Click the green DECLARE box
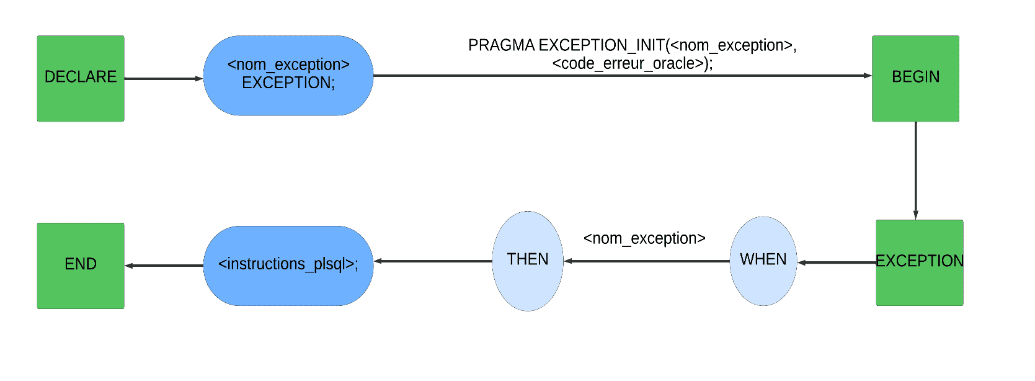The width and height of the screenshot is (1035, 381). (81, 79)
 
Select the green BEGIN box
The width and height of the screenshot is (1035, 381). (915, 79)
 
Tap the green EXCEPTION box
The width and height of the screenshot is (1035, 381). (920, 262)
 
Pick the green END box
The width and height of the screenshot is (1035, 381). (81, 266)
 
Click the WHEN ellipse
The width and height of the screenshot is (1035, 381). (763, 261)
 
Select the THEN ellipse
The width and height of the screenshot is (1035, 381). (528, 261)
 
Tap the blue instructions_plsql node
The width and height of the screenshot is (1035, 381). (288, 266)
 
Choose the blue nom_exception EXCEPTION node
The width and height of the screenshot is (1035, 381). (288, 75)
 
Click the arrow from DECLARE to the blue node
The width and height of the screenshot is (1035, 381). (164, 79)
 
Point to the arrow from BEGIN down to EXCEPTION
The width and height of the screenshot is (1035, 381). (915, 171)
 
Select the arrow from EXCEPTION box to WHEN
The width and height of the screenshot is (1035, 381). (837, 262)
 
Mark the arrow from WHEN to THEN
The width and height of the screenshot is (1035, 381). (646, 261)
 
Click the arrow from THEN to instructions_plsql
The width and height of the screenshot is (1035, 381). (433, 261)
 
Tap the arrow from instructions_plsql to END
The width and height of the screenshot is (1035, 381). (164, 266)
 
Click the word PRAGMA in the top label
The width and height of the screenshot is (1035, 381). (501, 45)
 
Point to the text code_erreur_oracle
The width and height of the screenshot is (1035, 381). (633, 63)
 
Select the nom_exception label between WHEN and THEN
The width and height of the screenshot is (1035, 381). (644, 238)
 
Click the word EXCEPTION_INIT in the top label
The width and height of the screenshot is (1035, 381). (602, 45)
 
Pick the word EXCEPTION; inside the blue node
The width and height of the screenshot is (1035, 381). (288, 83)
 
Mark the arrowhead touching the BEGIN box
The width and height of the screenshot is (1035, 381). (868, 75)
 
